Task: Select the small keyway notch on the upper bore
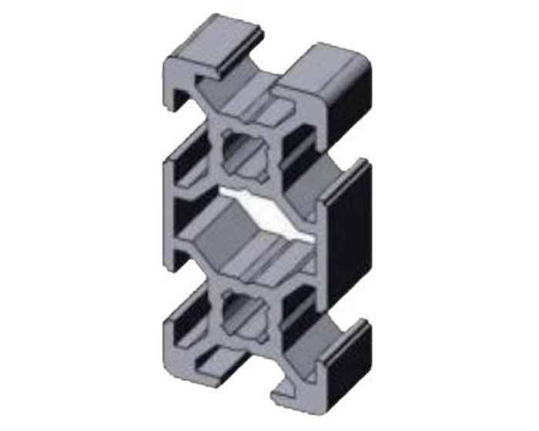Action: click(x=263, y=174)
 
